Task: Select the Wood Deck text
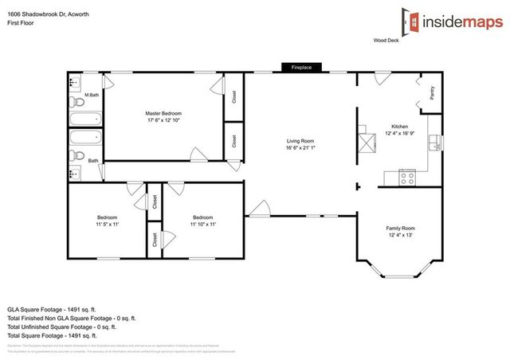(387, 40)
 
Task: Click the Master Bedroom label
(164, 113)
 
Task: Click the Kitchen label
(399, 127)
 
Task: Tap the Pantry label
(431, 95)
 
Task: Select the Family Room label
(402, 228)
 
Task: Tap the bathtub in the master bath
(81, 121)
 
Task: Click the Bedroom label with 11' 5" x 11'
(108, 217)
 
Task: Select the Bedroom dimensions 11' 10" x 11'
(202, 225)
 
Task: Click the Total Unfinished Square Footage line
(61, 327)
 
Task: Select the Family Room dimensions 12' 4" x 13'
(402, 236)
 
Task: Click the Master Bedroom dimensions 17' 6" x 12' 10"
(164, 121)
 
